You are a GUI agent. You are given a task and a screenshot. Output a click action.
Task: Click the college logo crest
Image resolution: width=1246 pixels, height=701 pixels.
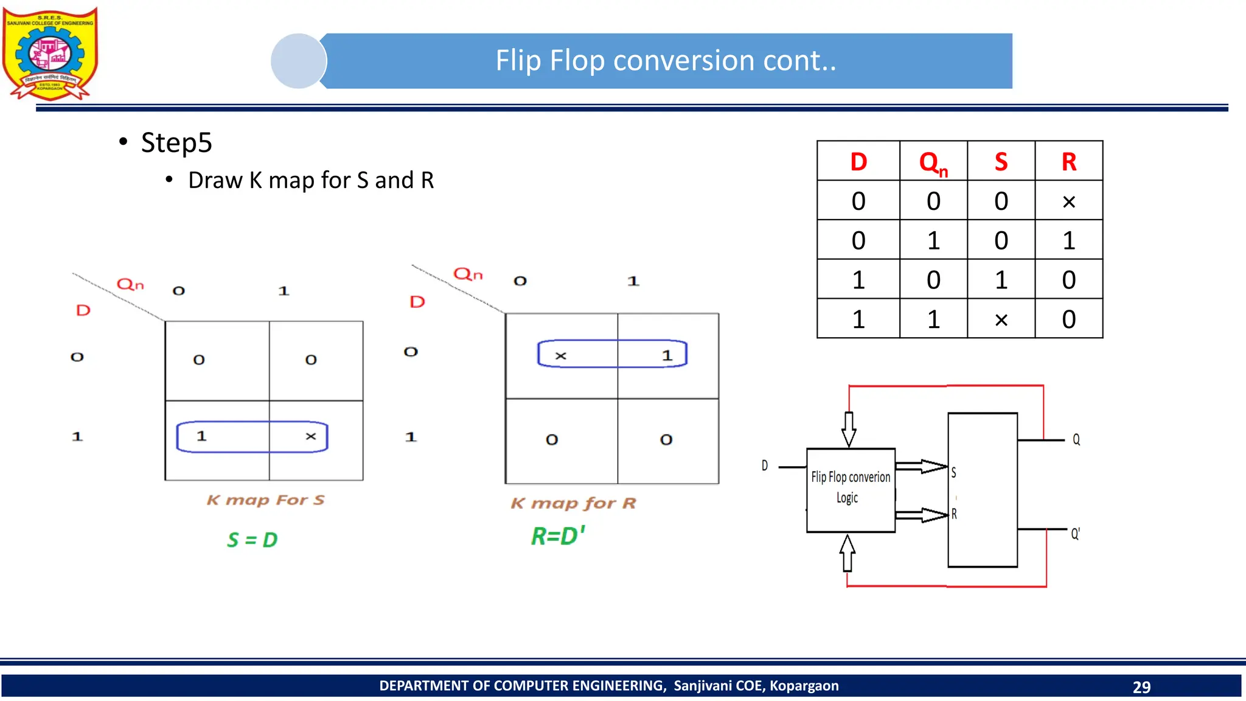click(50, 54)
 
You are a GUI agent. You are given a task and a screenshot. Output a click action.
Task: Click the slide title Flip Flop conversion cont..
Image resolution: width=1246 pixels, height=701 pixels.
click(666, 61)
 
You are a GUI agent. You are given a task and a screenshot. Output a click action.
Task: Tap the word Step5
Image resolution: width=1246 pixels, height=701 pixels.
click(176, 143)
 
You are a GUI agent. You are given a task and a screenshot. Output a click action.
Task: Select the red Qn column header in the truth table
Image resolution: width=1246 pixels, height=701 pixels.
click(933, 162)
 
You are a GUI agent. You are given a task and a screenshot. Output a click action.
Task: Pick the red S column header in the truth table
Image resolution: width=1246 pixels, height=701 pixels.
click(1001, 162)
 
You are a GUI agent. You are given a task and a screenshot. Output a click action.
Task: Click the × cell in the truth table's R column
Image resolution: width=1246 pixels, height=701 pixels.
click(1068, 201)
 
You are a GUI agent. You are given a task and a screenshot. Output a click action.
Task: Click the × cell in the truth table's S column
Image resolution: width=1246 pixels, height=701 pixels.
click(1001, 319)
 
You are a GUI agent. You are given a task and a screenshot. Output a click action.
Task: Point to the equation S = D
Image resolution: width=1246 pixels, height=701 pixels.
click(252, 540)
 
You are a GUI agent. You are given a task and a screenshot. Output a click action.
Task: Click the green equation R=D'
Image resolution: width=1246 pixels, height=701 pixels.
click(557, 536)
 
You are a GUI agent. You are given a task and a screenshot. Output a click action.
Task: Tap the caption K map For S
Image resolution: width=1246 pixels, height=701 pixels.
click(265, 500)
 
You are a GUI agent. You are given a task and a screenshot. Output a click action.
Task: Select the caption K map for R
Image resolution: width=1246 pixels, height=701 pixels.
click(573, 503)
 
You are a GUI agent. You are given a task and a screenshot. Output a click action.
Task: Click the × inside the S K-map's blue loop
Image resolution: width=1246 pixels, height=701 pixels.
click(311, 436)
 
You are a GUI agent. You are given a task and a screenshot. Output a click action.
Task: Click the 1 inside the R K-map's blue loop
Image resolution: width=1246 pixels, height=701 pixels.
click(667, 355)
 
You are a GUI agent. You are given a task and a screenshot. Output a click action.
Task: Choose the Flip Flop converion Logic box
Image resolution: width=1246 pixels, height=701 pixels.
click(851, 490)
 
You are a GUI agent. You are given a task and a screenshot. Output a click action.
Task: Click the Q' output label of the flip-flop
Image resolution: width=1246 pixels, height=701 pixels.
click(1075, 534)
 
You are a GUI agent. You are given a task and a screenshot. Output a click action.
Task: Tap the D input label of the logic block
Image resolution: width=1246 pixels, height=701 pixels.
click(765, 466)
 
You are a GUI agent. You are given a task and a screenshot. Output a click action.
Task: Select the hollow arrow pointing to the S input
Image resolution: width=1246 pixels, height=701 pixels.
click(922, 467)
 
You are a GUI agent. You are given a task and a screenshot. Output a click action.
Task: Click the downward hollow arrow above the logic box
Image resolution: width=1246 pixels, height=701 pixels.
click(849, 429)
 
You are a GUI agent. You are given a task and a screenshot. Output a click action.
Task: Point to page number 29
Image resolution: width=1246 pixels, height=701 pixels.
click(1141, 687)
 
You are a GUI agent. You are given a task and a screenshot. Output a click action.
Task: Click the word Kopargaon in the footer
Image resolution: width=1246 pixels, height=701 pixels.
click(804, 686)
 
